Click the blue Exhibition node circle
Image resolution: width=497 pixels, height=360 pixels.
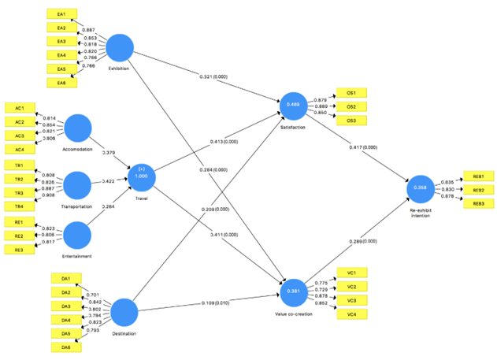coord(122,49)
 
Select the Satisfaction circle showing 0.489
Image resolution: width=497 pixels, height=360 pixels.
coord(291,105)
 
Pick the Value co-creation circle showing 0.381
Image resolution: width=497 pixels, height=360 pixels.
coord(291,290)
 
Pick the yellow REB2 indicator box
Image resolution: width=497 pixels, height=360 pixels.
coord(478,190)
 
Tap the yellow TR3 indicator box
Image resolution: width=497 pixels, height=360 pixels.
coord(19,192)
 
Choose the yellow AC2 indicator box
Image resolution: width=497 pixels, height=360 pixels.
coord(19,122)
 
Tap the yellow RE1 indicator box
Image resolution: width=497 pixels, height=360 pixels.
coord(19,222)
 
